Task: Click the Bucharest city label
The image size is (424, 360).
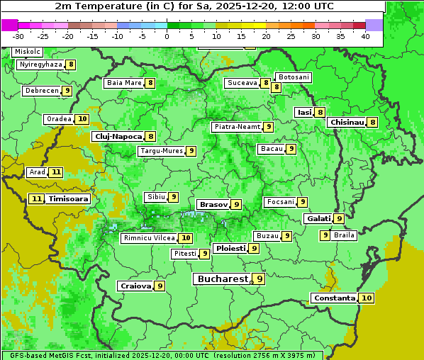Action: (x=223, y=279)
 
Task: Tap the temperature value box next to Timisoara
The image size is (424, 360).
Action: (x=36, y=199)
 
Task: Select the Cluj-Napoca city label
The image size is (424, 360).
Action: (x=118, y=136)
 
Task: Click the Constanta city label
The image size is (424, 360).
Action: (x=334, y=298)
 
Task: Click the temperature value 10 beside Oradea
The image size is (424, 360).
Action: (x=82, y=119)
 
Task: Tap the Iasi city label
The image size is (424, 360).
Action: (x=304, y=112)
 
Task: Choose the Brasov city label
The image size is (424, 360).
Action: (x=213, y=204)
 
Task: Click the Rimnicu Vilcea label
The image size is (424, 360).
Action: (x=148, y=238)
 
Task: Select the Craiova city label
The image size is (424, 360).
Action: (x=135, y=286)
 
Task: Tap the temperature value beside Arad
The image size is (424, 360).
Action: (x=56, y=172)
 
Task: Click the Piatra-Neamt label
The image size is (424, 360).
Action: (x=237, y=127)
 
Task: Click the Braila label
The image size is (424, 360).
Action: (x=344, y=235)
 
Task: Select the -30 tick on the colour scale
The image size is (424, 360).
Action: (x=18, y=35)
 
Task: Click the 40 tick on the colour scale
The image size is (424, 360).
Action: (x=365, y=35)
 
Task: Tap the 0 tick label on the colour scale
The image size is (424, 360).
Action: (x=167, y=35)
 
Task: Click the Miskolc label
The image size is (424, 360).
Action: (x=28, y=52)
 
